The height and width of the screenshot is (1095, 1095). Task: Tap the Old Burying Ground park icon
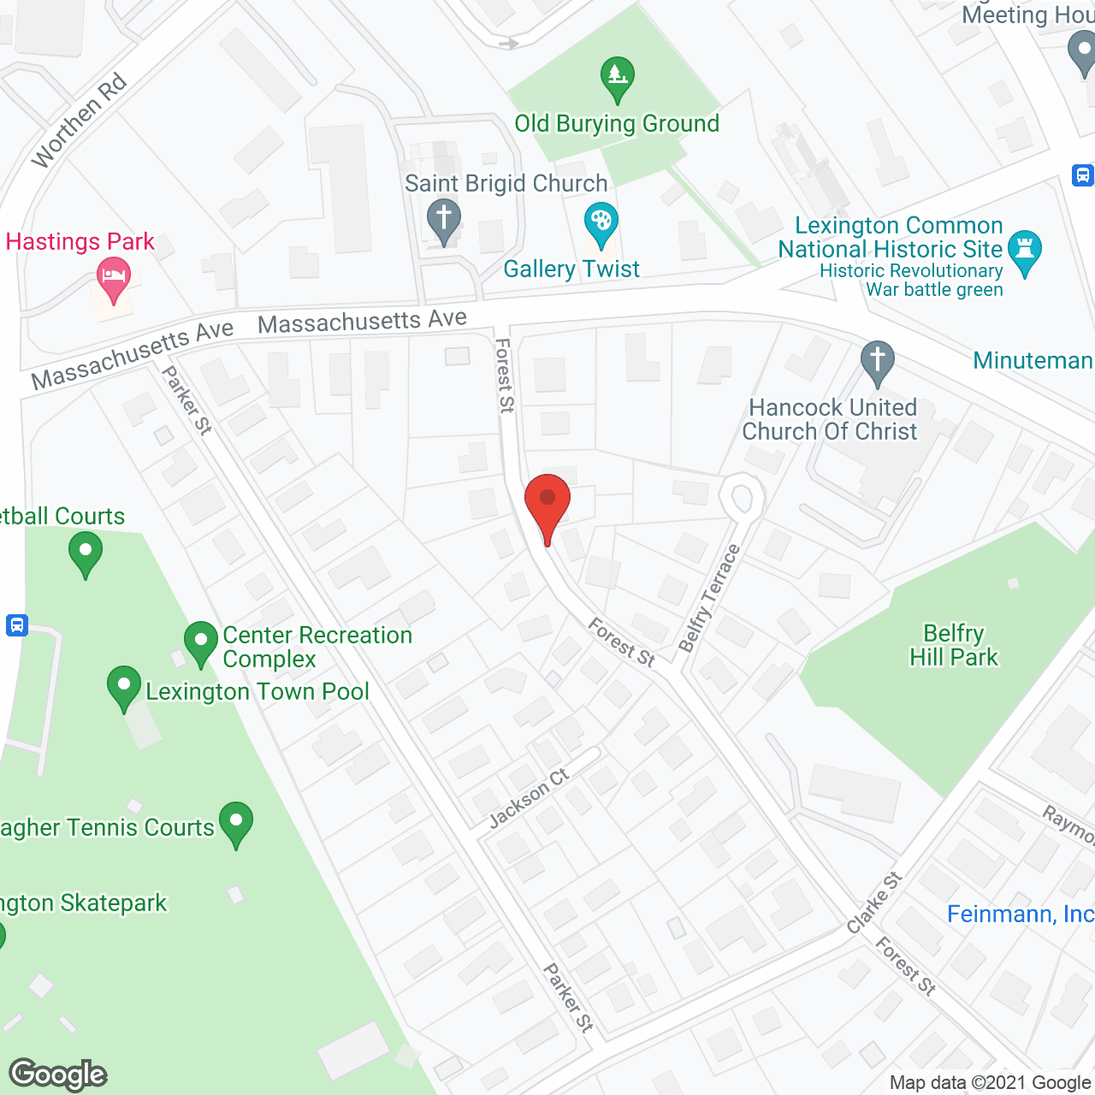617,79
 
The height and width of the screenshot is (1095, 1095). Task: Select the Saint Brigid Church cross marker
443,220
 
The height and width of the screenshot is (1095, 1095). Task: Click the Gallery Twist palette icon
601,224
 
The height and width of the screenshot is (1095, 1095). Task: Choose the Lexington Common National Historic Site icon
1024,252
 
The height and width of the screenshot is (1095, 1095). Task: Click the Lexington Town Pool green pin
124,687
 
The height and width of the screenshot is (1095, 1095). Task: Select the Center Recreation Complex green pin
201,642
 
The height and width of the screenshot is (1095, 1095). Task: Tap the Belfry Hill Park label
953,645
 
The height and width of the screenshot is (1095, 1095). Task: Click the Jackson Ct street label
529,798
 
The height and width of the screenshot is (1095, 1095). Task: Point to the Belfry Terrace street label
708,599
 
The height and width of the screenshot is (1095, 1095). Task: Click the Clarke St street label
874,903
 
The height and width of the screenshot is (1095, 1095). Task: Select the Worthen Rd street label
79,121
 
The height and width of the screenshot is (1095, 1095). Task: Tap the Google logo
58,1074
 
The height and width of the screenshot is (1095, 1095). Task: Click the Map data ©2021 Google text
991,1083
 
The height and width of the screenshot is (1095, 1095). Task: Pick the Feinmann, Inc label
1020,914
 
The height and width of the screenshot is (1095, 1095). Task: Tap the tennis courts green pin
235,823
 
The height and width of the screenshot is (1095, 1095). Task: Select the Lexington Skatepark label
83,903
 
